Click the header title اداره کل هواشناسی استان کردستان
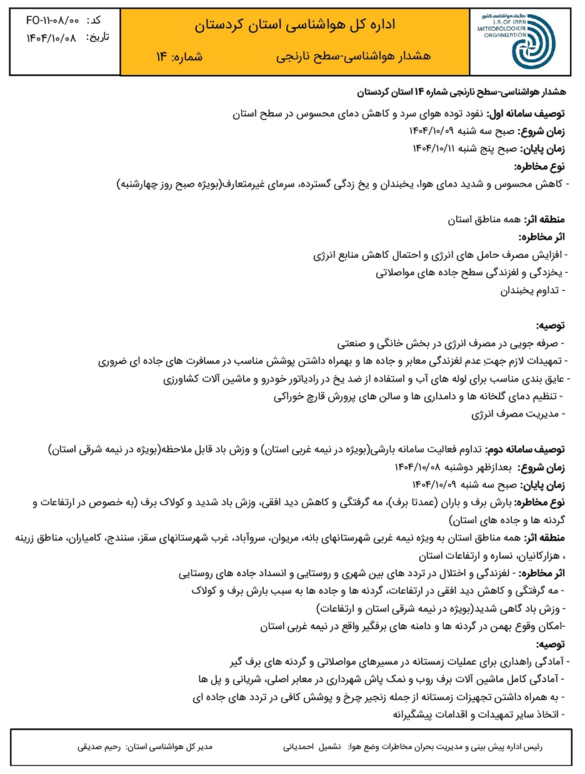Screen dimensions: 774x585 click(294, 25)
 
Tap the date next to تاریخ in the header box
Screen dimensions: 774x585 click(51, 38)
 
